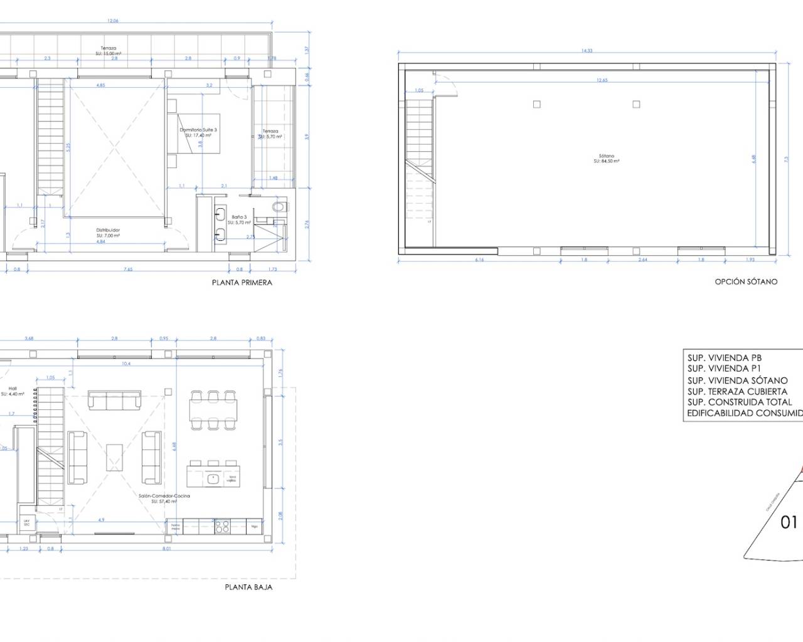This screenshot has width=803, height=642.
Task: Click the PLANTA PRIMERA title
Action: (242, 283)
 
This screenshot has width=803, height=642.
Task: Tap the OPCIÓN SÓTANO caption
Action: (746, 282)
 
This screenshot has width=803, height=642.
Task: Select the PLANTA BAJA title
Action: (248, 587)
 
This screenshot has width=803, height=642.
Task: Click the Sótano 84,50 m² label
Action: (606, 159)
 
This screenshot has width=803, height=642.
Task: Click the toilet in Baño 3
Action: (280, 206)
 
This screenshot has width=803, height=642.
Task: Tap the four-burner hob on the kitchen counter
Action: (221, 527)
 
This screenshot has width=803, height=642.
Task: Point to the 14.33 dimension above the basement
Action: (587, 51)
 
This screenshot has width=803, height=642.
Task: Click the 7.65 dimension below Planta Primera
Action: (128, 270)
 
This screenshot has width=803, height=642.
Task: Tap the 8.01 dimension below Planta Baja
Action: (166, 549)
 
